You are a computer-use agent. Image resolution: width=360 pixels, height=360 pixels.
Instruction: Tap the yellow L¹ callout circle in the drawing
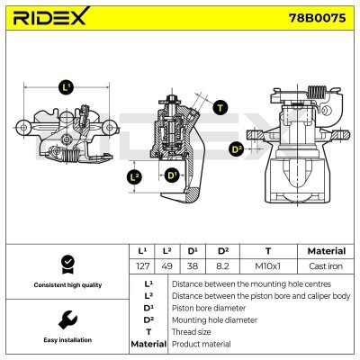coord(66,87)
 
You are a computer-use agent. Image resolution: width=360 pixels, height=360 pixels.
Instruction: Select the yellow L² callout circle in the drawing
coord(134,177)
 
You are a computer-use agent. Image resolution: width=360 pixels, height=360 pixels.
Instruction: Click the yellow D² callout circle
coord(237,148)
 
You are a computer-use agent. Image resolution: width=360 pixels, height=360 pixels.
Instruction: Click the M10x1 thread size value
coord(267,266)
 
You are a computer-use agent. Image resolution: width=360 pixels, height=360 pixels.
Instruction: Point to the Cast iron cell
coord(325,266)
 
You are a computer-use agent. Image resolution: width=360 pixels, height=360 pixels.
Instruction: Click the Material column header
coord(325,251)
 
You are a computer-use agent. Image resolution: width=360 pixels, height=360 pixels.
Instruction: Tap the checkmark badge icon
coord(66,264)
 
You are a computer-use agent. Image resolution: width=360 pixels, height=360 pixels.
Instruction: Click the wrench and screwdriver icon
coord(66,319)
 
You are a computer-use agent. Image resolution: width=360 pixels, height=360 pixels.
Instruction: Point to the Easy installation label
coord(66,340)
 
